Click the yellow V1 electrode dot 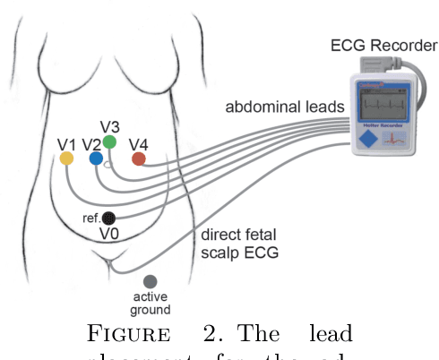pyautogui.click(x=66, y=159)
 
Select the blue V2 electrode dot pyautogui.click(x=96, y=159)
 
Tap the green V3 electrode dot pyautogui.click(x=109, y=141)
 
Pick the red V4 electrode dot pyautogui.click(x=138, y=159)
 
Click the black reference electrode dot pyautogui.click(x=108, y=218)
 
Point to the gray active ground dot pyautogui.click(x=150, y=282)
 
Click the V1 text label pyautogui.click(x=66, y=143)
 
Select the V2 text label pyautogui.click(x=91, y=143)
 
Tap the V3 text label pyautogui.click(x=110, y=125)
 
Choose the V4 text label pyautogui.click(x=139, y=143)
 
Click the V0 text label pyautogui.click(x=109, y=235)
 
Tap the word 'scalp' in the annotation pyautogui.click(x=222, y=253)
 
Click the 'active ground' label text pyautogui.click(x=151, y=304)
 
